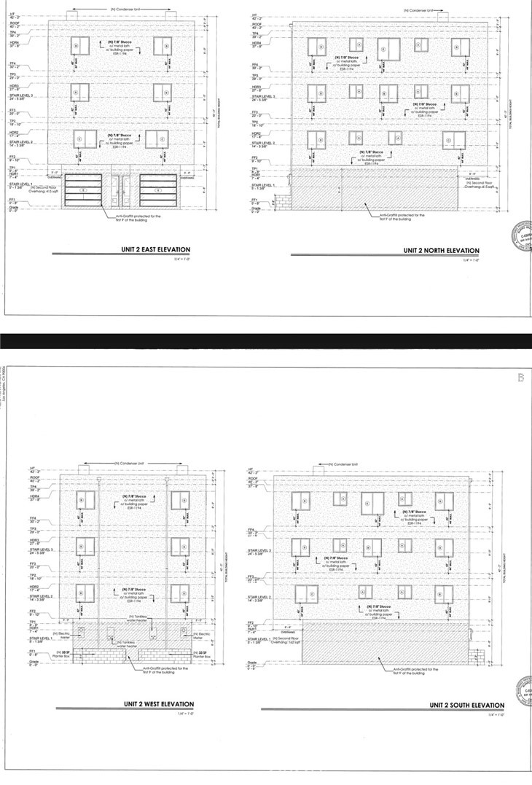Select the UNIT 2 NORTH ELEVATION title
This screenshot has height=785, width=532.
click(442, 250)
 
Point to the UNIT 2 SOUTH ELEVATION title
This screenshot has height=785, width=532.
click(466, 706)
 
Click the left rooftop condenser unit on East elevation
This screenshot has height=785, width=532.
click(72, 15)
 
